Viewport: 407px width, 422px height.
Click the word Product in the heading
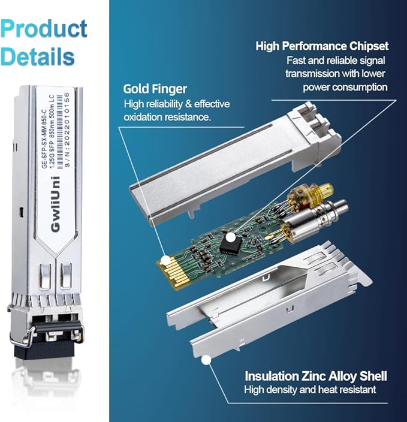(44, 29)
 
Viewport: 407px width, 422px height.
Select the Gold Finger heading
(155, 89)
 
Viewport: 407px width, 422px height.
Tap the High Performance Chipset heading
(322, 46)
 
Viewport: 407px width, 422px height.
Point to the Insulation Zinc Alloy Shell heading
(315, 376)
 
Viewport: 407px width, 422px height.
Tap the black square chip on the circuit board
(231, 242)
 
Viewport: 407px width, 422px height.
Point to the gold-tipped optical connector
(305, 198)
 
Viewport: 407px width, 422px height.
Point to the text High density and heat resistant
(310, 390)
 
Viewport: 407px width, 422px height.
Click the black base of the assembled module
(46, 348)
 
